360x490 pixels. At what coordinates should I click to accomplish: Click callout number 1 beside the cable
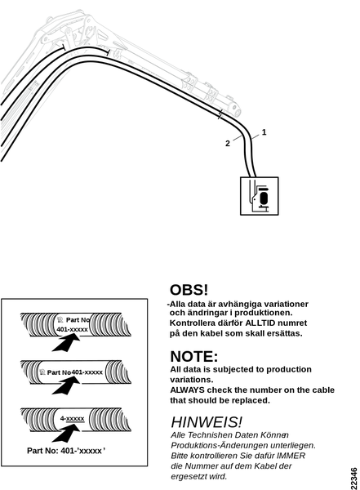coord(264,132)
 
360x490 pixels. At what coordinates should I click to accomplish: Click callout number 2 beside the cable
coord(228,144)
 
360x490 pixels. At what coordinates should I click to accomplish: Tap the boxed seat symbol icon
coord(259,196)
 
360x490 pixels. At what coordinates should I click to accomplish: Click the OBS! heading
coord(189,290)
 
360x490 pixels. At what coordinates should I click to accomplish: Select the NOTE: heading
coord(193,356)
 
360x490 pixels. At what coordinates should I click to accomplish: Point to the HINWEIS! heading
coord(207,422)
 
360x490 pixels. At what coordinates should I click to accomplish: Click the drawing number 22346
coord(354,478)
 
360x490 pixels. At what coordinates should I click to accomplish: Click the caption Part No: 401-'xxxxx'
coord(66,451)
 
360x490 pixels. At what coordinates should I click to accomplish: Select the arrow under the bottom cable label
coord(65,433)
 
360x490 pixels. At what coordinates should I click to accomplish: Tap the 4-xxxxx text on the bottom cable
coord(72,418)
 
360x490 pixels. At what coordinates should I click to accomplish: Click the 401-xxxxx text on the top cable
coord(72,329)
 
